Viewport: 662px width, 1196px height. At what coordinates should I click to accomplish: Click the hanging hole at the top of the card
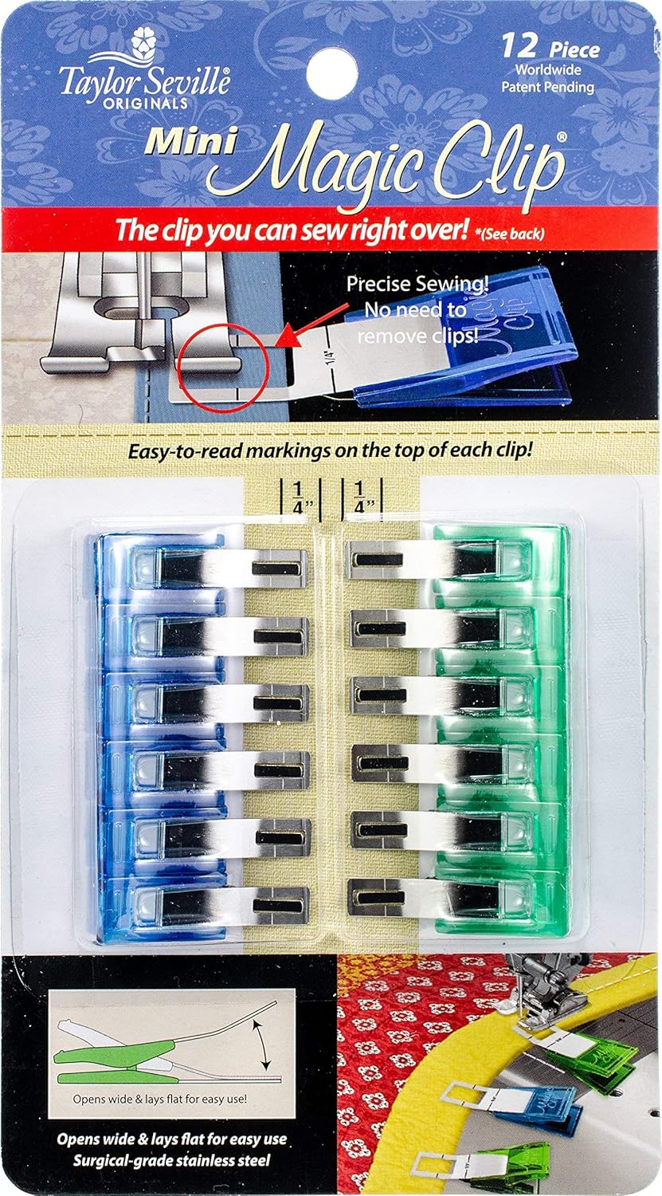pos(331,68)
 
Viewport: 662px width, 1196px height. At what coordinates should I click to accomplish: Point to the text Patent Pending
pos(547,88)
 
